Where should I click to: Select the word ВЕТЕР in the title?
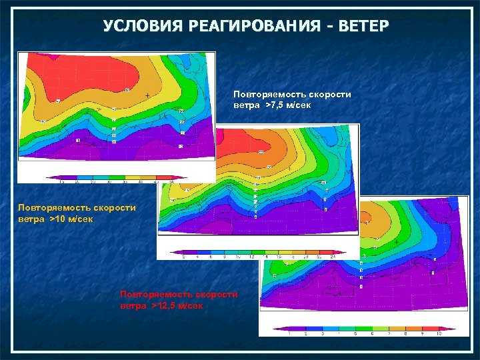tap(362, 26)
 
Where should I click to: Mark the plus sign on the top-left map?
tap(147, 96)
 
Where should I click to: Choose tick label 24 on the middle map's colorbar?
tap(331, 256)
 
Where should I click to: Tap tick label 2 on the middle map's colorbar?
tap(183, 256)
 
